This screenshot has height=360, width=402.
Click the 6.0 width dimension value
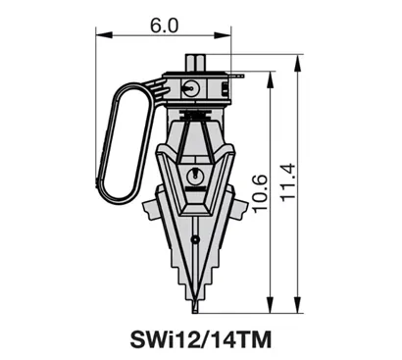click(x=165, y=26)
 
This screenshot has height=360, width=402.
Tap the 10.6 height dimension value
click(x=260, y=193)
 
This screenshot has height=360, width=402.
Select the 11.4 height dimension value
click(x=288, y=182)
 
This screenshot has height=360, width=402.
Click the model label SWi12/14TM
click(x=201, y=339)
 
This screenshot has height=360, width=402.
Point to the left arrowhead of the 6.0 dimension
click(x=104, y=35)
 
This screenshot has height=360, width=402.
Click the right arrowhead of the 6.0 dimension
click(x=223, y=35)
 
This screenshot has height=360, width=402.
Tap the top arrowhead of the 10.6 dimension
click(x=270, y=79)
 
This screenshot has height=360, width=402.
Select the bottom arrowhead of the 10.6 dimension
click(x=270, y=305)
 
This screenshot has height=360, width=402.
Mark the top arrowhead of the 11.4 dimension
click(x=297, y=63)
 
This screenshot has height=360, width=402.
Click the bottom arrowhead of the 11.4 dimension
click(x=297, y=305)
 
